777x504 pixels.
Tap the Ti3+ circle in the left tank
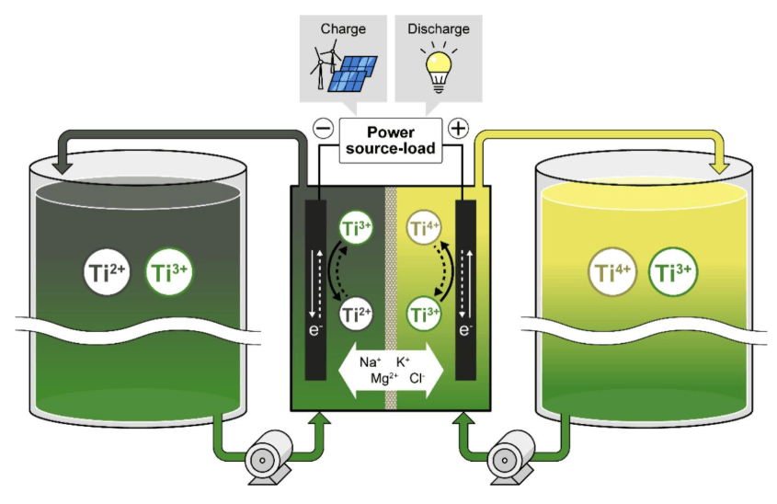click(171, 272)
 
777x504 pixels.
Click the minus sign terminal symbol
click(324, 130)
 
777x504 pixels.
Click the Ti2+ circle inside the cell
click(356, 315)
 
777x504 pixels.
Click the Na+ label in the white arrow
click(371, 361)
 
